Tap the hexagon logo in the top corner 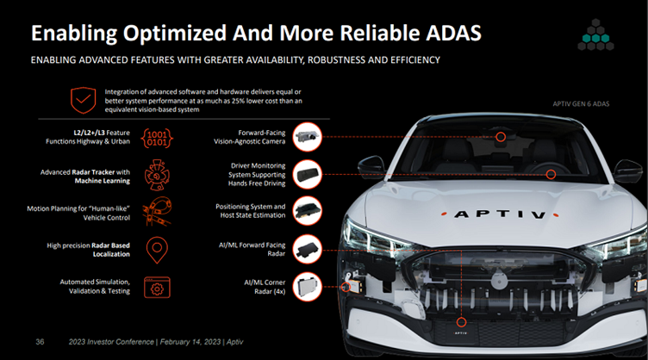[595, 34]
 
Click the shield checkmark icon [83, 100]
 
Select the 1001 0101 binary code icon [157, 138]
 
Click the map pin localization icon [157, 250]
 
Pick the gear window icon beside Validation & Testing [157, 287]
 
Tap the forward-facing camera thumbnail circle [307, 137]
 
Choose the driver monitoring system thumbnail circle [307, 174]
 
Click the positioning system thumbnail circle [307, 211]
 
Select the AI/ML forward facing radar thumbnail [307, 250]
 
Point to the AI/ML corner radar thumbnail [307, 287]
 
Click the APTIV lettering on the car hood [500, 214]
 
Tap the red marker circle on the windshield [501, 137]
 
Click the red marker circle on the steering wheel [551, 175]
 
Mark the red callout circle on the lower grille [461, 322]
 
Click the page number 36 [40, 342]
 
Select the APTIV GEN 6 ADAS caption [581, 104]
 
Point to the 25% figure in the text [238, 101]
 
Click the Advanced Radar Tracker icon [157, 175]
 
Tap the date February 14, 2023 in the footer [190, 342]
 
